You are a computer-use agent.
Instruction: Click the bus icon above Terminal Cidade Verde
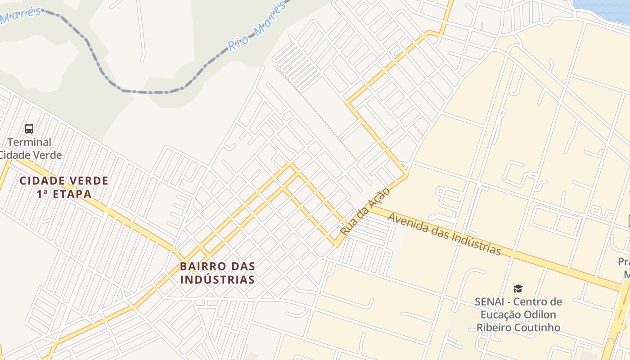pos(29,129)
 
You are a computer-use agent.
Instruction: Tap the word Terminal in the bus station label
pos(29,142)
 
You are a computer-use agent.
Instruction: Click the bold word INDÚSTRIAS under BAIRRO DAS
pos(217,279)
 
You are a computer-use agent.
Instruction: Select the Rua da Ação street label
pos(364,211)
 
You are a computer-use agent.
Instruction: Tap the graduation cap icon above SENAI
pos(518,288)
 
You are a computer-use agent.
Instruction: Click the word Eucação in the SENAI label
pos(497,315)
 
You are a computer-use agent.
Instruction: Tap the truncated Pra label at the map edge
pos(623,261)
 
